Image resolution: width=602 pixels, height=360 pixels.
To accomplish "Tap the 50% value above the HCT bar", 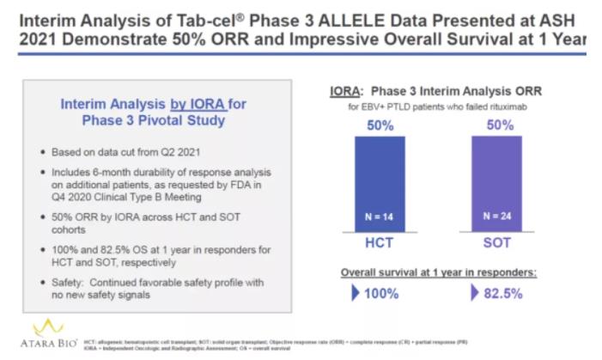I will pos(380,126).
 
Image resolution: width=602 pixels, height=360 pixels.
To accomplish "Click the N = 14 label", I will pos(380,216).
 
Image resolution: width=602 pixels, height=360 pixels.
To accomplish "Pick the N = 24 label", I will pos(496,216).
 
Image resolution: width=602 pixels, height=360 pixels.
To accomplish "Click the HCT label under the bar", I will pos(380,243).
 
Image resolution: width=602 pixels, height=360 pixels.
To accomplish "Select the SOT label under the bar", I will pos(496,243).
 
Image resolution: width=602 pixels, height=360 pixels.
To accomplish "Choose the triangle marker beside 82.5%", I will pos(475,294).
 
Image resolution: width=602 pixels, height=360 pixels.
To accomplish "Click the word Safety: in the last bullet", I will pos(71,283).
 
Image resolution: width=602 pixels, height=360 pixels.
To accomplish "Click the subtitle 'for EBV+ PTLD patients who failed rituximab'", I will pos(435,107).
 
